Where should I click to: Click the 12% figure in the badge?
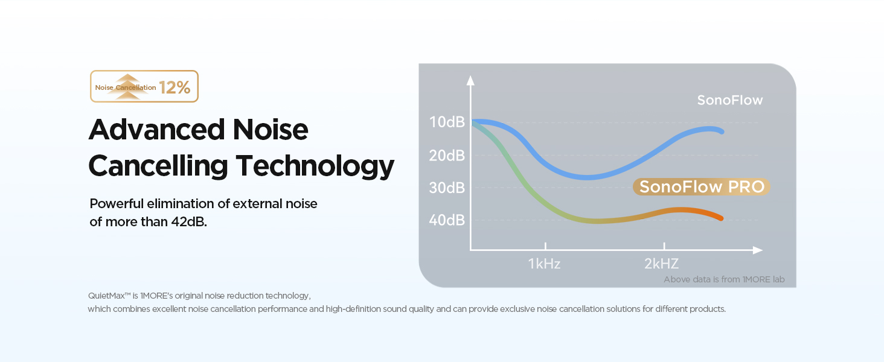175,87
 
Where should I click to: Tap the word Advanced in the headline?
157,129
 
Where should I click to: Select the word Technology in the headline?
315,166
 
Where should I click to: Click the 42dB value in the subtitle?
188,221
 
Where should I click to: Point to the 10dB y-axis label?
447,122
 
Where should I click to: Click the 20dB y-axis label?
447,156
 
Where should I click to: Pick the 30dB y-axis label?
447,188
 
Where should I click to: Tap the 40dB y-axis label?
447,220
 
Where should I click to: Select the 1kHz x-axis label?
545,264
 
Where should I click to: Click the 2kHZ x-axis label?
662,264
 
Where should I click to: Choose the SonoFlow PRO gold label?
702,187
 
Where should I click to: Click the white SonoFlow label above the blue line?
730,100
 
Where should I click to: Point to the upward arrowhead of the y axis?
470,80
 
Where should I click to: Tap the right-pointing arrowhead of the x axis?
758,250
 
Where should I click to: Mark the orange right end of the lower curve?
721,218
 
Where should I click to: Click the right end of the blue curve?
722,132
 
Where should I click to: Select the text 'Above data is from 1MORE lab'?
724,279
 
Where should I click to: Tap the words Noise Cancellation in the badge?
126,87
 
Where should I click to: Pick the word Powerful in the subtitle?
117,204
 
